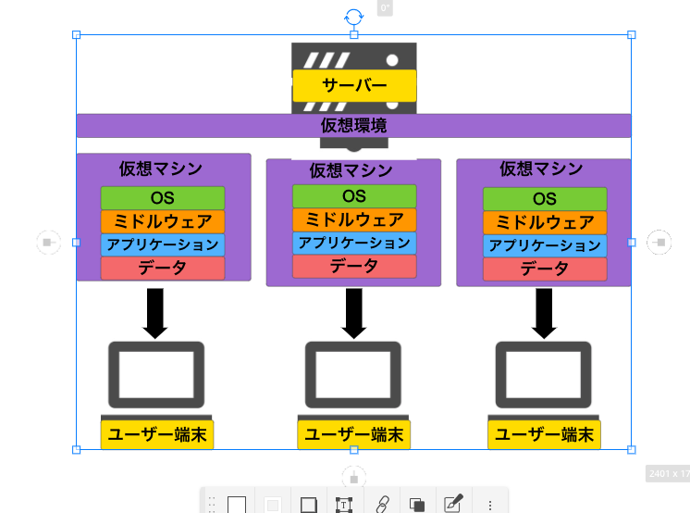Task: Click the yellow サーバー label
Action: (x=354, y=85)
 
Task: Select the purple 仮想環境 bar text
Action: (x=353, y=126)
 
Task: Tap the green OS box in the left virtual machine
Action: (x=163, y=198)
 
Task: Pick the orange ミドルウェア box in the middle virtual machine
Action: (x=354, y=220)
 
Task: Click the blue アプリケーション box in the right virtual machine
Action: (x=545, y=246)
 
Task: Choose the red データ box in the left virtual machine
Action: (x=163, y=269)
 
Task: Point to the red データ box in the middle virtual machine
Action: (x=354, y=267)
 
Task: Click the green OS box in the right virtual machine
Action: (x=545, y=199)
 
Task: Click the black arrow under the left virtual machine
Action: (x=155, y=313)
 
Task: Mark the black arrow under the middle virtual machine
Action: (x=353, y=313)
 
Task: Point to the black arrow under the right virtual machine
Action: (x=544, y=313)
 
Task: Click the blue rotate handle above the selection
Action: (x=353, y=17)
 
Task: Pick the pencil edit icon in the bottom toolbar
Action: (x=452, y=505)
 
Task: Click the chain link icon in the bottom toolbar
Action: (x=380, y=505)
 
